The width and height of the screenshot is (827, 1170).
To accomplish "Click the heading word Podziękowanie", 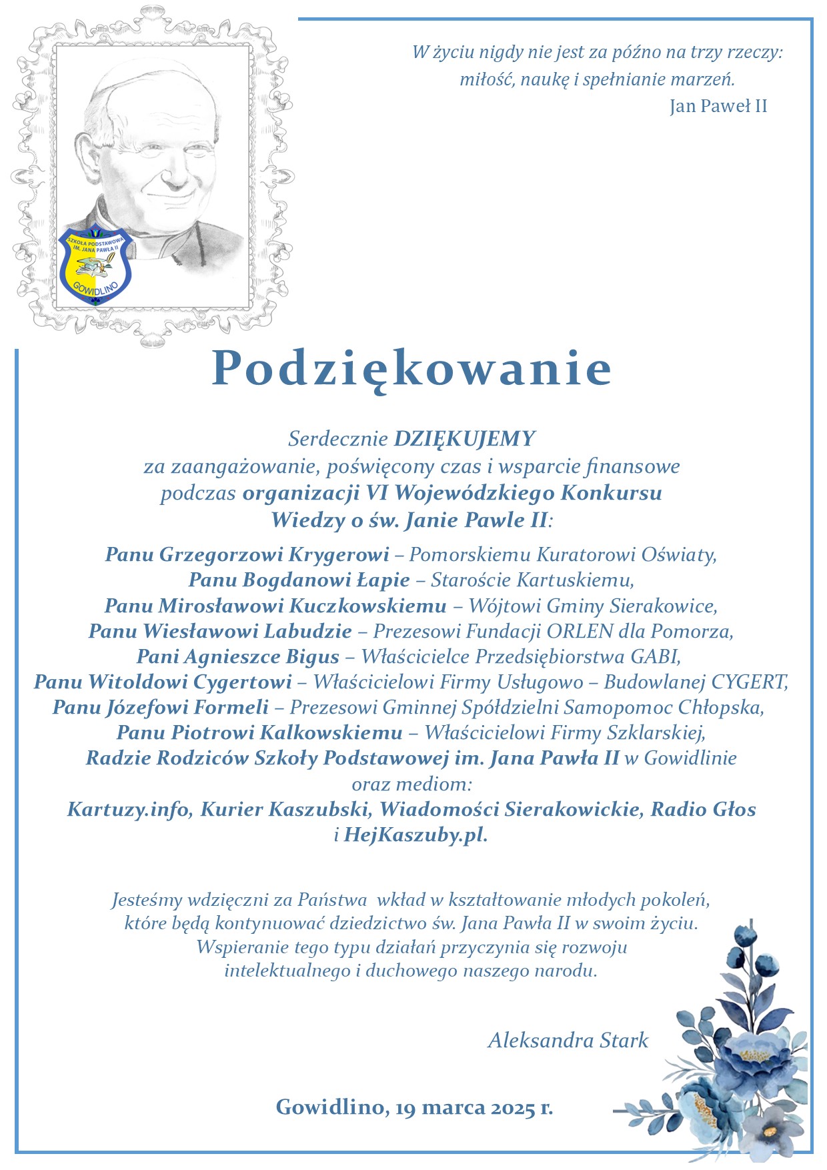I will [411, 369].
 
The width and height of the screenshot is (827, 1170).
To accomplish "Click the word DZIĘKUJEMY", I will [465, 438].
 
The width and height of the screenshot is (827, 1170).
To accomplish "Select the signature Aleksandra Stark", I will [568, 1040].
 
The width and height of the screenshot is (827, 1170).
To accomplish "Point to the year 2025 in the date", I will [514, 1108].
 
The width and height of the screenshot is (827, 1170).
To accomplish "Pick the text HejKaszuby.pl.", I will [416, 834].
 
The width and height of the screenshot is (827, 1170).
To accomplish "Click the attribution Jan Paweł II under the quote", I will [718, 106].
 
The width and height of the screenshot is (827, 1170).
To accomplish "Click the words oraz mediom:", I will [411, 784].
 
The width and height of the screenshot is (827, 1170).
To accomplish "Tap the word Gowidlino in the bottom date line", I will [331, 1107].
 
